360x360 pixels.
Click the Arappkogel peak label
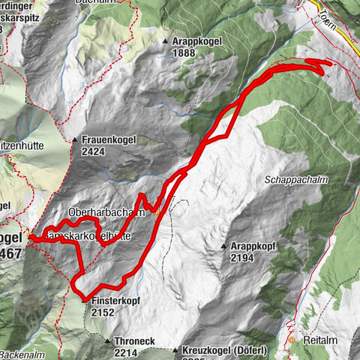(x=193, y=43)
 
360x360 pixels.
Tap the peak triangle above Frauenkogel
(x=74, y=140)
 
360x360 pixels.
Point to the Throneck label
(x=135, y=340)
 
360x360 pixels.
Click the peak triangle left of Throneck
(x=107, y=340)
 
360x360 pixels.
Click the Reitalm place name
(x=319, y=340)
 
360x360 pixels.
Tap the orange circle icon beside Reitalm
(x=292, y=340)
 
